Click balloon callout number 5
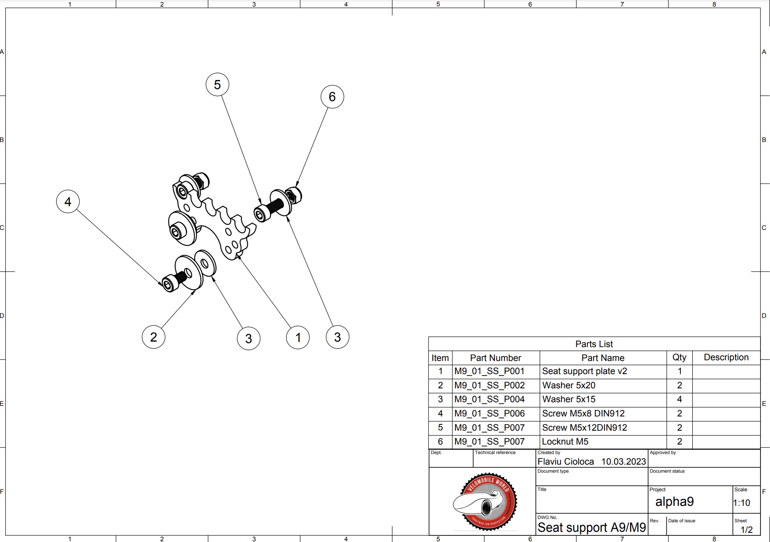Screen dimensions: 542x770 217,84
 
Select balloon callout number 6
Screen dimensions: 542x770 332,97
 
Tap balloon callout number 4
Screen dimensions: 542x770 68,201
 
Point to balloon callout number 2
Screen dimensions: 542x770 153,337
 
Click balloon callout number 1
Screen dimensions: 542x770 298,337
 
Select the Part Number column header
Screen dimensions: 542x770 495,358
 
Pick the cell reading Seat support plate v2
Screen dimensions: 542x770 584,371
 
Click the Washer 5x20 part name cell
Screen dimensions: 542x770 569,385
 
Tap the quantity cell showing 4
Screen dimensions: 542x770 679,399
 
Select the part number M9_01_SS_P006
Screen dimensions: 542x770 489,414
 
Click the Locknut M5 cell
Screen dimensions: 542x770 565,442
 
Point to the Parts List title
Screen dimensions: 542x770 594,344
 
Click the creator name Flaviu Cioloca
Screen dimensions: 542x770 566,462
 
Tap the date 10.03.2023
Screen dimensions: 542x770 624,462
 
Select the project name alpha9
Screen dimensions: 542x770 674,501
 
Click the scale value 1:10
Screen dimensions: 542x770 742,503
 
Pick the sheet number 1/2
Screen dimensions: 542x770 747,530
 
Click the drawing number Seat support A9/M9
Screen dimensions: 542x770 592,528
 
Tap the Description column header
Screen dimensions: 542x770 726,357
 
